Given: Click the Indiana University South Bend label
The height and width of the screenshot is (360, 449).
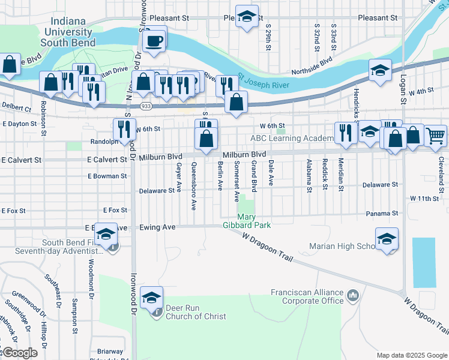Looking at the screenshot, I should coord(68,32).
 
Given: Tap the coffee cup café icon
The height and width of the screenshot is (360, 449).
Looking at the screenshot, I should coord(154,41).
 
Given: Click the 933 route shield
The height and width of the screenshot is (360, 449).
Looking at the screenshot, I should coord(146,106).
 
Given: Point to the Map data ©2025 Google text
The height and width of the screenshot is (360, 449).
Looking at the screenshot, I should coord(411,355).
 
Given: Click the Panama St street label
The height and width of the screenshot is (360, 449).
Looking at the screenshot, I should coord(382,213).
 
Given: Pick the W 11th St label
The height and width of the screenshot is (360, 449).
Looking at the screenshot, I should coord(426,197).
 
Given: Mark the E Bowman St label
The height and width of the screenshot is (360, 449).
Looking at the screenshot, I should coord(107,176).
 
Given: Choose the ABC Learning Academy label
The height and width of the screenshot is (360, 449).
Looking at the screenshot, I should coord(291,139).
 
